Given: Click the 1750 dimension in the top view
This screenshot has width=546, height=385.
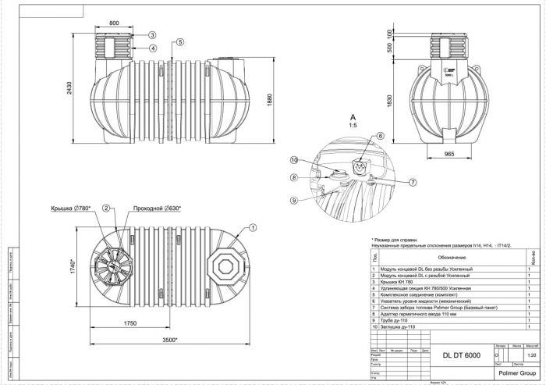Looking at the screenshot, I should coord(130,323).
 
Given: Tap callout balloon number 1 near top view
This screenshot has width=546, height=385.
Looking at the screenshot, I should coord(253,228).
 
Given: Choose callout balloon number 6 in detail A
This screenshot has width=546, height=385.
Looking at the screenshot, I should coord(381,136).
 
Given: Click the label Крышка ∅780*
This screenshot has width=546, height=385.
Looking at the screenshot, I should coord(71,209).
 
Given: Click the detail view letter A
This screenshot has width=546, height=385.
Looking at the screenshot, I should coord(353,116).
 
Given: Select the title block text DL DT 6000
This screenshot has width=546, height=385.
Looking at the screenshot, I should coord(461,355).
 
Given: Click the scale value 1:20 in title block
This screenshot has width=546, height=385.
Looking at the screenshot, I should coord(532,355).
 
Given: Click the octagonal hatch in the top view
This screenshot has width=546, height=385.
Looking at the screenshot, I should coord(226,266).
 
